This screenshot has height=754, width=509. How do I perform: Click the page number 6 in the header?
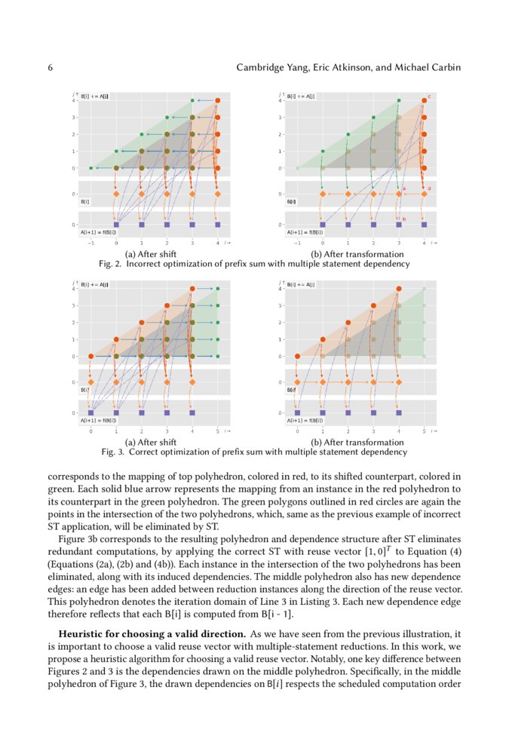tap(51, 68)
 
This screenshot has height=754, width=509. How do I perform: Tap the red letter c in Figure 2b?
tap(429, 97)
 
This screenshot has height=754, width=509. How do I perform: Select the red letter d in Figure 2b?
tap(429, 188)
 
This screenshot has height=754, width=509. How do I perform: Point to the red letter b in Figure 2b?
tap(404, 219)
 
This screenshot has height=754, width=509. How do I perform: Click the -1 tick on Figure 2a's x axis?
tap(90, 243)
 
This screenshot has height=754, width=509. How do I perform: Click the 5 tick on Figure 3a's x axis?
tap(217, 431)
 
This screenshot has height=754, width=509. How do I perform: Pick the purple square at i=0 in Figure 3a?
tap(90, 413)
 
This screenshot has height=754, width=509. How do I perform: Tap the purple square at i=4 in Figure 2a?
tap(217, 225)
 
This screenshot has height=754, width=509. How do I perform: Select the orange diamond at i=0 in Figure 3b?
tap(297, 382)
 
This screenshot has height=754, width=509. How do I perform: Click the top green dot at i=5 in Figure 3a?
tap(217, 288)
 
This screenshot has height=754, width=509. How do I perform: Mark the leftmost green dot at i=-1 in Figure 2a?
tap(90, 168)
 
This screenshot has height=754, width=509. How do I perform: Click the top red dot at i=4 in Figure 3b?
tap(399, 288)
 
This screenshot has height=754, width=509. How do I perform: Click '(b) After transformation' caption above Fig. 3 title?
tap(357, 442)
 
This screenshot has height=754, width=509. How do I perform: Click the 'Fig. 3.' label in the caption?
tap(113, 452)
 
